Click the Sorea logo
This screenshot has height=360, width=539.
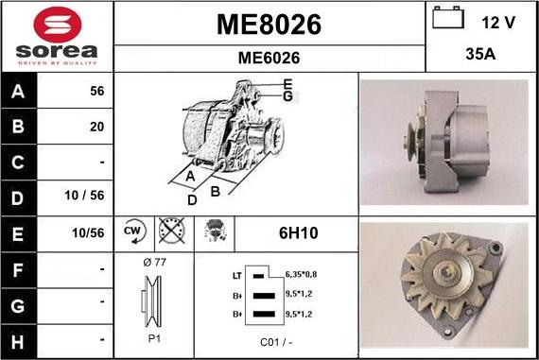[57, 37]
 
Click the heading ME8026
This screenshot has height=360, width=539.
[269, 24]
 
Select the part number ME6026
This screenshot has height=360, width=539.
[269, 58]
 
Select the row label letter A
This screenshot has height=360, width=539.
[18, 92]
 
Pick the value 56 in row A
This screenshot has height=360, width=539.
[96, 92]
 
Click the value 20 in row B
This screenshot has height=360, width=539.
[96, 127]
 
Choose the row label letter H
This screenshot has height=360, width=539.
[18, 337]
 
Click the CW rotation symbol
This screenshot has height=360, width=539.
[131, 231]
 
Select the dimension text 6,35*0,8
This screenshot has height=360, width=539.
[302, 274]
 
